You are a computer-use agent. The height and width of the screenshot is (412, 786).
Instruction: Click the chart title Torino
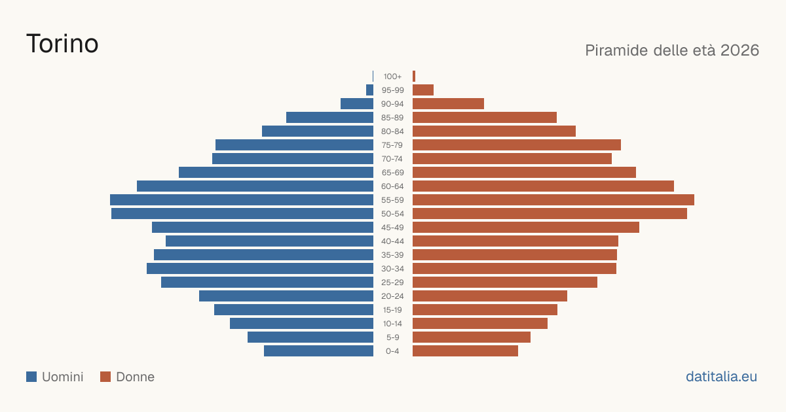[62, 44]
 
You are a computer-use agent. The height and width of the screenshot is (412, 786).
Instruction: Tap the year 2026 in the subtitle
[739, 50]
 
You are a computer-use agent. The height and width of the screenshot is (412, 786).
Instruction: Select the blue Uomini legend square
[31, 377]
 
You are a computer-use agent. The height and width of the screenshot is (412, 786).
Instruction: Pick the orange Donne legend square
[105, 377]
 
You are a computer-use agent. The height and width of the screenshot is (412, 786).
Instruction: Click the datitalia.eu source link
[721, 377]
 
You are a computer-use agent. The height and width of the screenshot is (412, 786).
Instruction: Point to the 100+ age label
[392, 77]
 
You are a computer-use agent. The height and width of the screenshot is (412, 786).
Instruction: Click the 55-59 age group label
[392, 200]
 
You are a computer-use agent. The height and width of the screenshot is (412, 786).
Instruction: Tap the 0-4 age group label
[392, 351]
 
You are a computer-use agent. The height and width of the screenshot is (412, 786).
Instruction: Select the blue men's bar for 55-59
[242, 200]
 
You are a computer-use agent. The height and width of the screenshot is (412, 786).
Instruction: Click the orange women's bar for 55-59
[553, 200]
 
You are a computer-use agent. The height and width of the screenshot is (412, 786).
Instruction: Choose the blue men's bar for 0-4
[318, 351]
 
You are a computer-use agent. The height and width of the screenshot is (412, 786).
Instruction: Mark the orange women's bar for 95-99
[423, 90]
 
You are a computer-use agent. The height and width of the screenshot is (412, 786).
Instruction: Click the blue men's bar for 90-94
[357, 104]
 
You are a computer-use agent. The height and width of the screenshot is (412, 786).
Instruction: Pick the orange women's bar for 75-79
[517, 145]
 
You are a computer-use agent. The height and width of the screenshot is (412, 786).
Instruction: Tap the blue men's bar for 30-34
[260, 269]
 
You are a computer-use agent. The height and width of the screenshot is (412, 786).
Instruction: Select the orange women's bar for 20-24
[490, 296]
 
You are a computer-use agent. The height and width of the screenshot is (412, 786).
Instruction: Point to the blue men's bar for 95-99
[370, 90]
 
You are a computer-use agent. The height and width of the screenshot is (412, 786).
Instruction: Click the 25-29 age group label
[392, 283]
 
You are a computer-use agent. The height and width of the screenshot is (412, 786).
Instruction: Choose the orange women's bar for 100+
[414, 77]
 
